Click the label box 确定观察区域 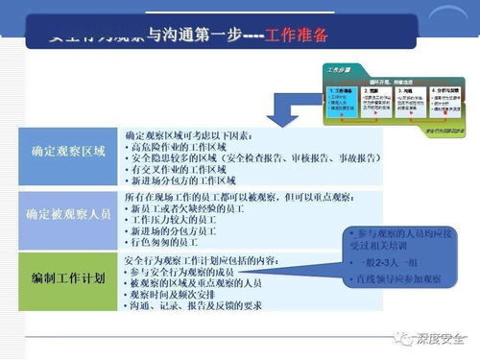(69, 152)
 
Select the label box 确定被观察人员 (69, 214)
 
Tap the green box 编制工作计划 (69, 277)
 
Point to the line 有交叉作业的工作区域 (188, 170)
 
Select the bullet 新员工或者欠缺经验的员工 (193, 208)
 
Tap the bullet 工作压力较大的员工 (182, 220)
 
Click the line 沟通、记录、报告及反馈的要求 (205, 305)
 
